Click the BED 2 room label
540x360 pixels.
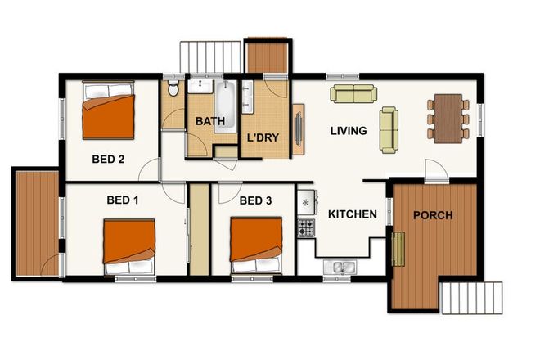(108, 160)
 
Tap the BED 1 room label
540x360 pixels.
(123, 200)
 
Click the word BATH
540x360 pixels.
(209, 122)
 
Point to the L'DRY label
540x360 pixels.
(263, 138)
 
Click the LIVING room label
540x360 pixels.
(348, 131)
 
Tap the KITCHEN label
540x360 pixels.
(352, 214)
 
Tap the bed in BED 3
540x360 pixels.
(255, 244)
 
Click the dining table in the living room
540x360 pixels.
(448, 119)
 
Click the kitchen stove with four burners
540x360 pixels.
(306, 227)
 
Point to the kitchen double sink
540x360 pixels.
(338, 266)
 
